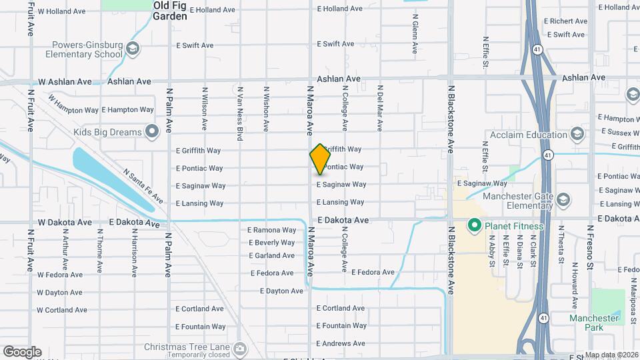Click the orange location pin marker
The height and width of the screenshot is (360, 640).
pyautogui.click(x=320, y=159)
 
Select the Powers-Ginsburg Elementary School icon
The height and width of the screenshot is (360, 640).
pyautogui.click(x=133, y=49)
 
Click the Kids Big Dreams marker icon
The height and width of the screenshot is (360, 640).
pyautogui.click(x=151, y=131)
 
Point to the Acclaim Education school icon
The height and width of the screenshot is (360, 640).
pyautogui.click(x=577, y=135)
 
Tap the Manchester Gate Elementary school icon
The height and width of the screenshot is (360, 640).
pyautogui.click(x=563, y=200)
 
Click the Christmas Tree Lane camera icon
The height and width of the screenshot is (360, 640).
pyautogui.click(x=239, y=348)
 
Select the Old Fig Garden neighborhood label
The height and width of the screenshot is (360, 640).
pyautogui.click(x=170, y=10)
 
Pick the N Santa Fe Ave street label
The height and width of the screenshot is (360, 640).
pyautogui.click(x=143, y=186)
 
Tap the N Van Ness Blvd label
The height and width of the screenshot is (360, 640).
pyautogui.click(x=239, y=113)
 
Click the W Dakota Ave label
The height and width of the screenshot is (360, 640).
pyautogui.click(x=65, y=222)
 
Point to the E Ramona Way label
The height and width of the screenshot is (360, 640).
pyautogui.click(x=271, y=230)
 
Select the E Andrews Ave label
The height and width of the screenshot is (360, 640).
pyautogui.click(x=341, y=343)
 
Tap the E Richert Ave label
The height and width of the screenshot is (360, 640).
pyautogui.click(x=565, y=21)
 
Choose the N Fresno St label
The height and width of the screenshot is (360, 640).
pyautogui.click(x=590, y=247)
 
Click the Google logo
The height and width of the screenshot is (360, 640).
pyautogui.click(x=22, y=352)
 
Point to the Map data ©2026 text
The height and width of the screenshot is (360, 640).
pyautogui.click(x=611, y=355)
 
